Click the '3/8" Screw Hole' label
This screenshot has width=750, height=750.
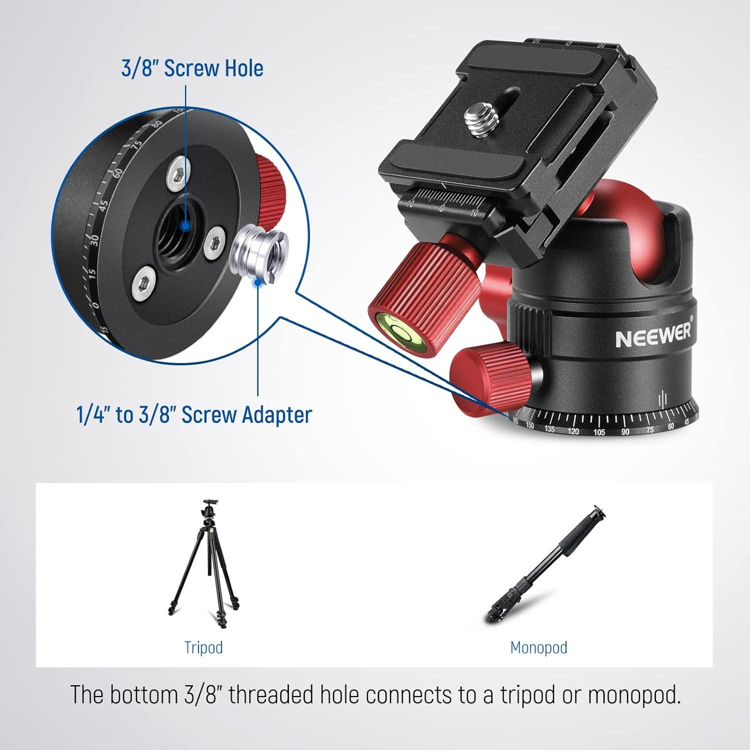tap(192, 68)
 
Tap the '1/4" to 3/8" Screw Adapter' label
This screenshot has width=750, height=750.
tap(194, 414)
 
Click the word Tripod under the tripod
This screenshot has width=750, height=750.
tap(203, 647)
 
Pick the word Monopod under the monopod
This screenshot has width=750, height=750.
tap(538, 647)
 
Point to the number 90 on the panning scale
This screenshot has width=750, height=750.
tap(625, 431)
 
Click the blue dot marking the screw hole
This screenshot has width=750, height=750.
tap(185, 226)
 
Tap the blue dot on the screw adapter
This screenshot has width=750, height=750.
tap(258, 283)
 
